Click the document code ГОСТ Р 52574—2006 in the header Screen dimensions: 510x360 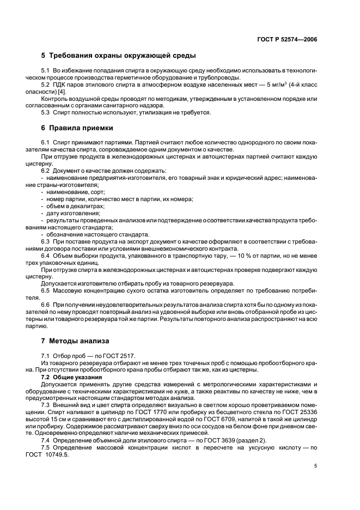click(287, 40)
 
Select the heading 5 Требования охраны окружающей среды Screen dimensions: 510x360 click(118, 56)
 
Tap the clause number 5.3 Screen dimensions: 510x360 click(46, 112)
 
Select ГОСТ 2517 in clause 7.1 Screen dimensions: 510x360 click(121, 356)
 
